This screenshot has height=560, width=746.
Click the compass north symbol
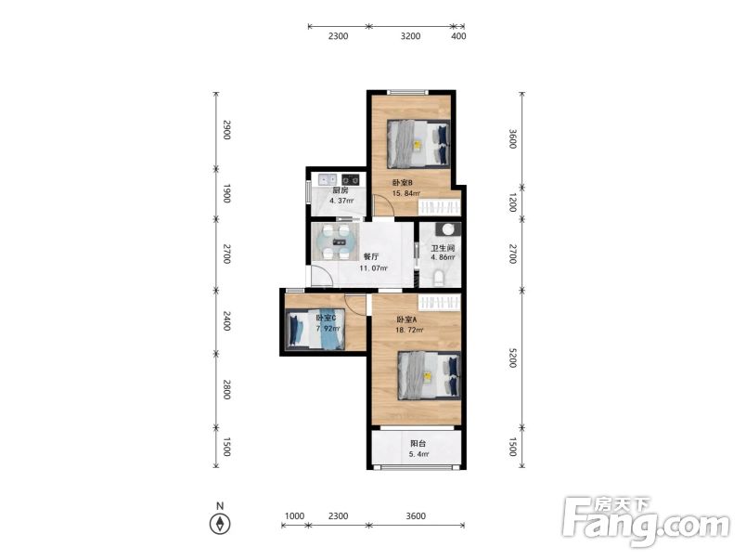(x=220, y=524)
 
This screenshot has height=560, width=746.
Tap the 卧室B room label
(x=403, y=182)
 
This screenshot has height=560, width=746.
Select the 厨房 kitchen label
(x=341, y=190)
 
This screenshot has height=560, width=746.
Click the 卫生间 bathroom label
(x=443, y=248)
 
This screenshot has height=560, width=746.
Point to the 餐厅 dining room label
(x=371, y=256)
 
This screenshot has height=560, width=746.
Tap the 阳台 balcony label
(x=418, y=443)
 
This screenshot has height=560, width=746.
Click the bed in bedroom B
(x=418, y=144)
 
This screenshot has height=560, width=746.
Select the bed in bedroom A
(x=430, y=376)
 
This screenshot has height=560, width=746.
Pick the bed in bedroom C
(x=315, y=329)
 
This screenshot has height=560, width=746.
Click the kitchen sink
(x=328, y=179)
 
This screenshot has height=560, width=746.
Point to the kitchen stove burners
(x=351, y=179)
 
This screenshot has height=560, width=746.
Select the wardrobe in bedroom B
(x=439, y=207)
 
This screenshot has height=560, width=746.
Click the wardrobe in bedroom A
(x=439, y=302)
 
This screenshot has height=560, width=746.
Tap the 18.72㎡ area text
(x=409, y=330)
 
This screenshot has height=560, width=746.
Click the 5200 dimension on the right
(x=512, y=358)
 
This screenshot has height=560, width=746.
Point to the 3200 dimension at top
(x=411, y=35)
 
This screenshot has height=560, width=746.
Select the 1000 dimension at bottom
(x=294, y=515)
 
